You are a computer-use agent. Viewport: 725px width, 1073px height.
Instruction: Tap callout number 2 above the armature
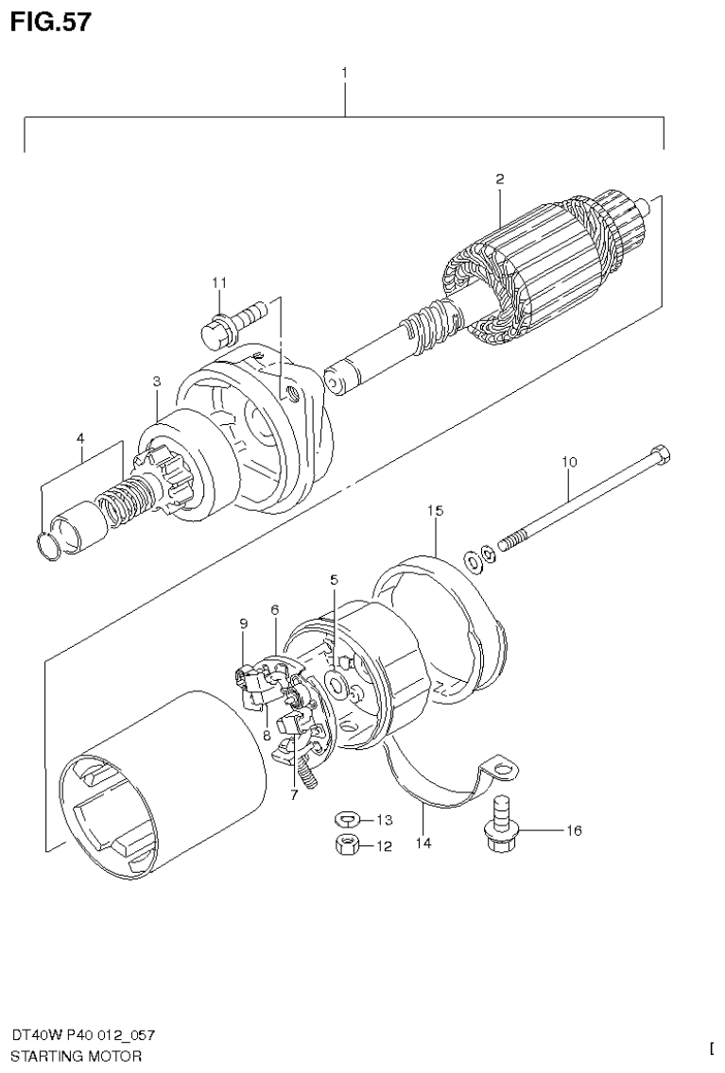(500, 179)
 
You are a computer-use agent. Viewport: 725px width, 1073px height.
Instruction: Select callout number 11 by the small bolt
(219, 281)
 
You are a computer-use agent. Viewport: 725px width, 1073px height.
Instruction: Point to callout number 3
(158, 381)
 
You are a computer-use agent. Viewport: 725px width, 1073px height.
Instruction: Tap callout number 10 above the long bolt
(568, 462)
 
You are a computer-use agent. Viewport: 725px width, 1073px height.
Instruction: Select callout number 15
(434, 510)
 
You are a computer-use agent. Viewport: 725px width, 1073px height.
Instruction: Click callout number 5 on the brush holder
(333, 579)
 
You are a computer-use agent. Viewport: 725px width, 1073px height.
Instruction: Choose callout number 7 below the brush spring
(294, 794)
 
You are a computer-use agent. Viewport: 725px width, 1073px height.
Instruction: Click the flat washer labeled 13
(347, 817)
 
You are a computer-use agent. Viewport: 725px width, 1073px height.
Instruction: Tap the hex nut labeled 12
(347, 845)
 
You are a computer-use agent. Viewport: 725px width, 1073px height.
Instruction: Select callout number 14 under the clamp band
(423, 843)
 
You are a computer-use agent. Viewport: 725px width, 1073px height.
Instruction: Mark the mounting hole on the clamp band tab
(508, 773)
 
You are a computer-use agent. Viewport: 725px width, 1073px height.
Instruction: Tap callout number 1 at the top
(345, 72)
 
